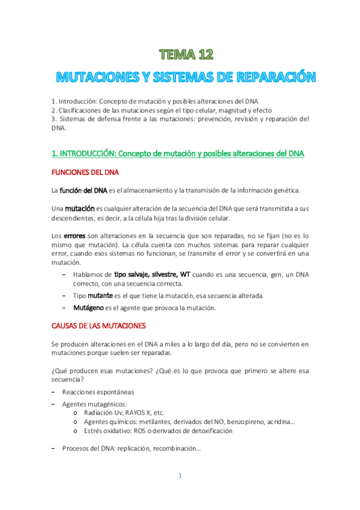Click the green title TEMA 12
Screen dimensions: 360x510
187,55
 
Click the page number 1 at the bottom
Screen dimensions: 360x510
179,476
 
